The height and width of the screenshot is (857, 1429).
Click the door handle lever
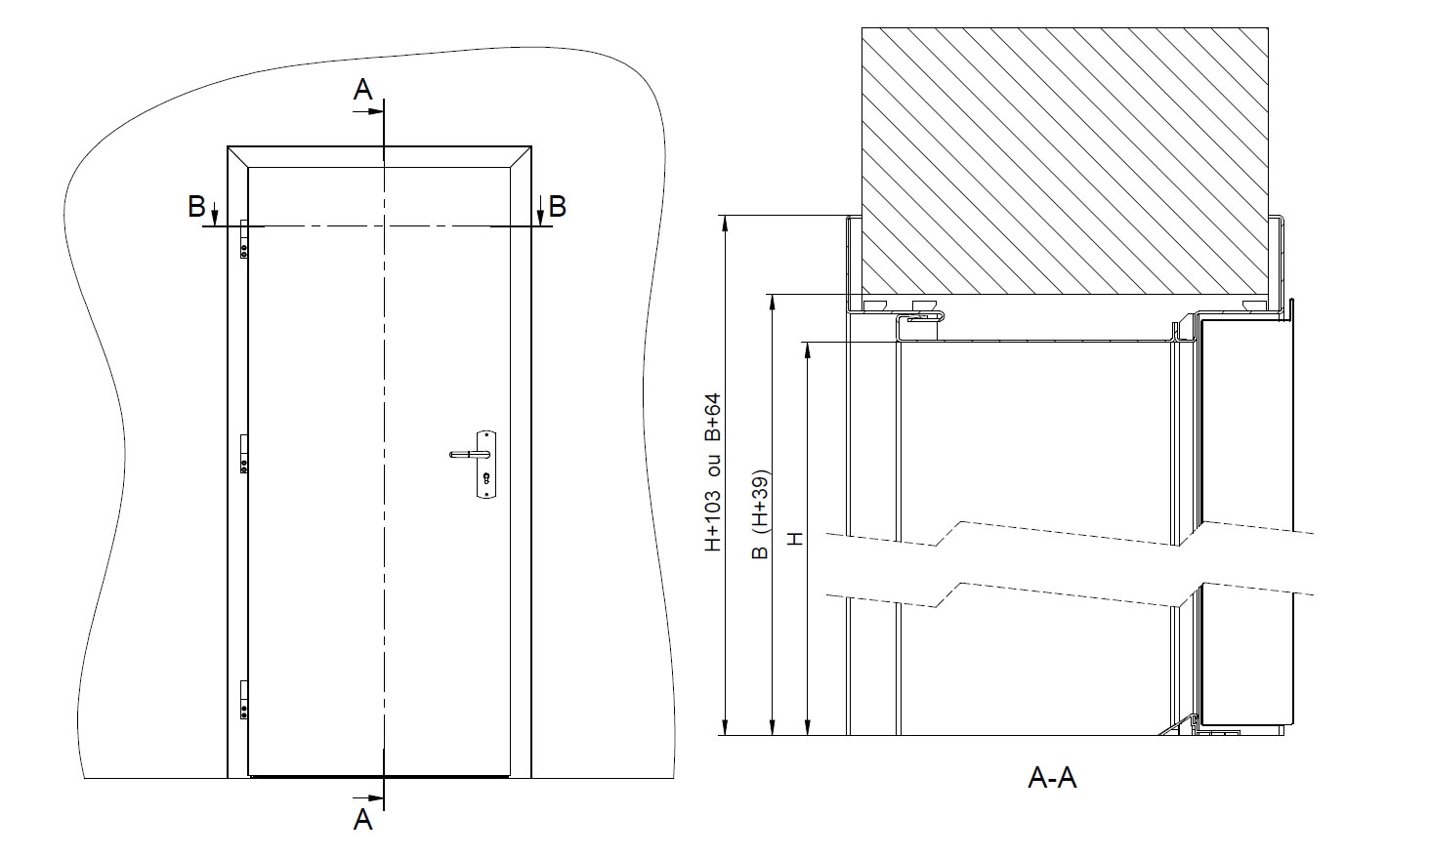click(x=467, y=454)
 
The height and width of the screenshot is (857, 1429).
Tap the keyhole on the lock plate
click(x=485, y=478)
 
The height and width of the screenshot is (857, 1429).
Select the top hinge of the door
click(x=243, y=239)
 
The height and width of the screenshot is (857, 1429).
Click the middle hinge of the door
click(x=243, y=454)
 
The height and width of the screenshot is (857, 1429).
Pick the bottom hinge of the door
click(x=243, y=698)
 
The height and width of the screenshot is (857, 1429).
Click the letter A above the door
click(x=362, y=91)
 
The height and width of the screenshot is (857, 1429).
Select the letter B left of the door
click(x=196, y=206)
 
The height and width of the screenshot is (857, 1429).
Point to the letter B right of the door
click(x=557, y=206)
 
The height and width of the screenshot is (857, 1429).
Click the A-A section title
click(x=1052, y=778)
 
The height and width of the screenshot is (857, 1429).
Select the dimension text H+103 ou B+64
click(x=713, y=472)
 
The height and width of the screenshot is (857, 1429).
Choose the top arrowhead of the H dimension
click(x=808, y=349)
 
